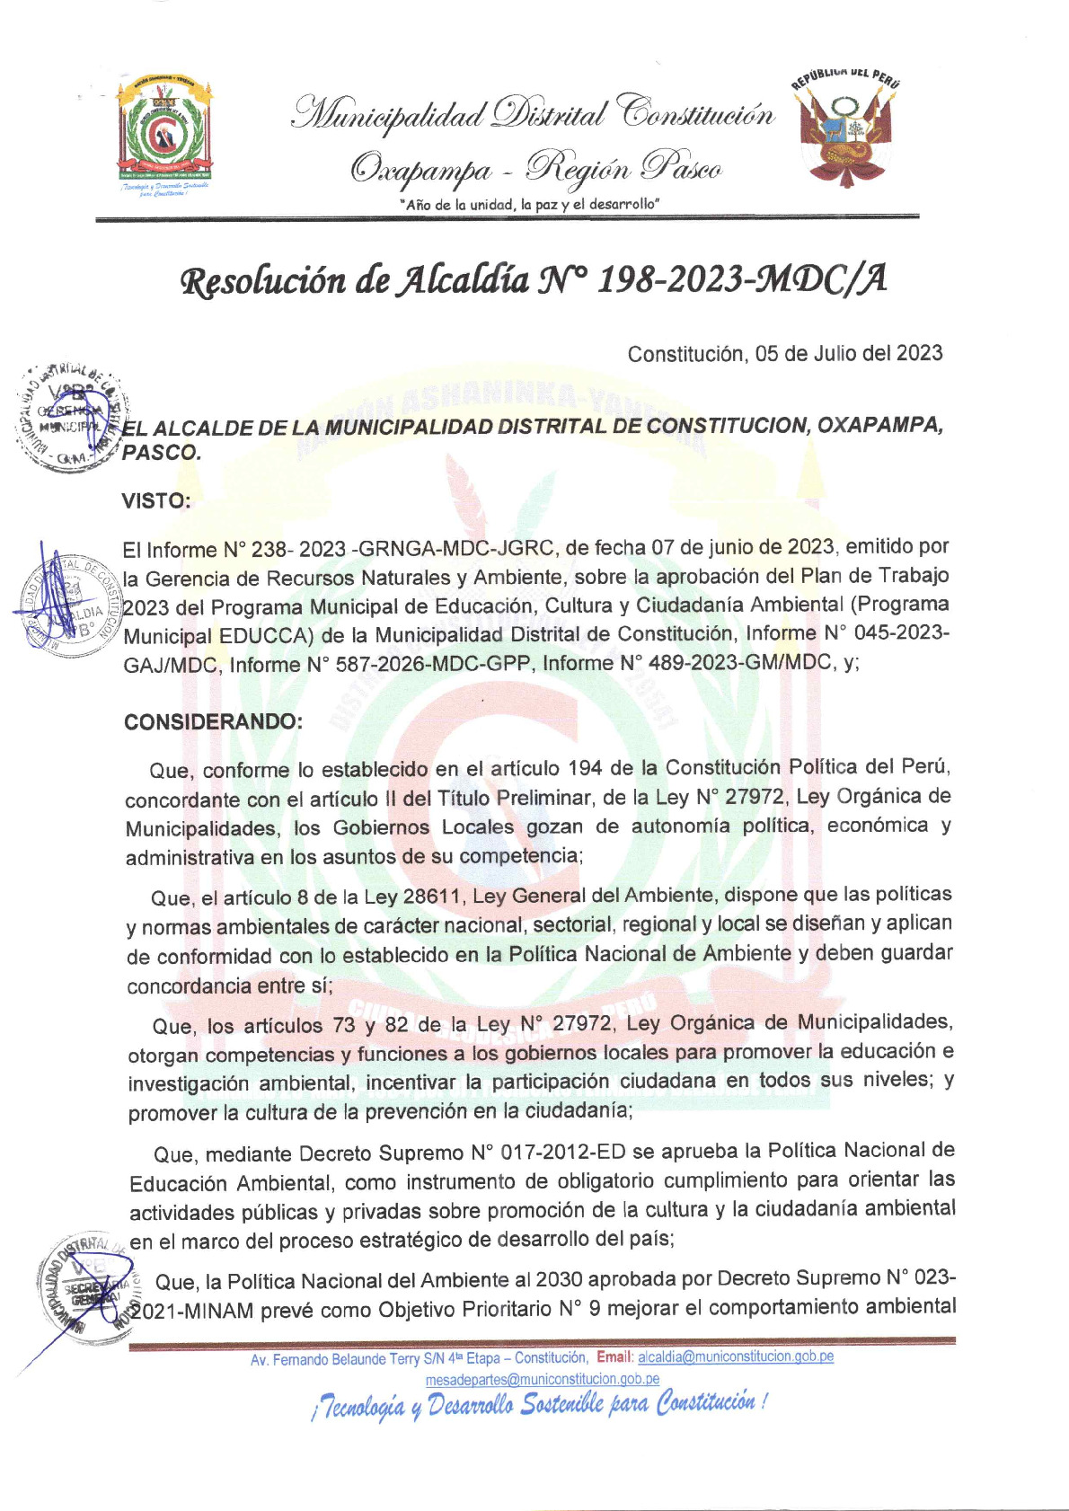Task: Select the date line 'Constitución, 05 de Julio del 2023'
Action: coord(784,353)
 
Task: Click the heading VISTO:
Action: coord(156,501)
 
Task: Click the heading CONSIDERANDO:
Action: coord(213,722)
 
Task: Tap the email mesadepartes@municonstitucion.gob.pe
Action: coord(542,1379)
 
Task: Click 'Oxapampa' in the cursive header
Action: coord(422,169)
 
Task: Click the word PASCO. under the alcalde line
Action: coord(162,453)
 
